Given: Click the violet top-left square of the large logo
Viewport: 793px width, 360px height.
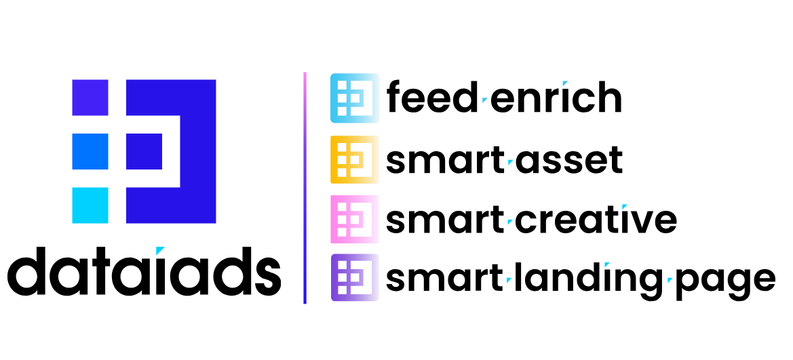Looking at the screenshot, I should (x=90, y=98).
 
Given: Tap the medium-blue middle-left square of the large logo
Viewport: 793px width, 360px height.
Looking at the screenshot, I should (x=90, y=151).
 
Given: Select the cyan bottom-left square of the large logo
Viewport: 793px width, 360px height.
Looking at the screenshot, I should (x=90, y=205).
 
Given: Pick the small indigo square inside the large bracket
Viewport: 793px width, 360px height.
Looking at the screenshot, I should (x=144, y=151).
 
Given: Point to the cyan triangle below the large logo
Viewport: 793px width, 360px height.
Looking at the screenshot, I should (x=159, y=250).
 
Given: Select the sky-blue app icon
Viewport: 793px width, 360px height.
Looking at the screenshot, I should (x=355, y=98).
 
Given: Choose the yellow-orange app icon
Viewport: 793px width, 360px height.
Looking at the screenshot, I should (x=355, y=159).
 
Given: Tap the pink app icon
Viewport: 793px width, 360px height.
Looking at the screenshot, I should (x=355, y=219).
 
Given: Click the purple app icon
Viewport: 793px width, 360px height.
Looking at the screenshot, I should (x=355, y=277).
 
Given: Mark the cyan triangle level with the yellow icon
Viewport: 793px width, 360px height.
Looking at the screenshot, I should (x=510, y=162).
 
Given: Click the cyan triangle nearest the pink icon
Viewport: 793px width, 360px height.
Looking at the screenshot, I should (x=509, y=222).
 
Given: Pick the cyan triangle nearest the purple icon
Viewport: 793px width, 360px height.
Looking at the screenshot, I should (x=509, y=279).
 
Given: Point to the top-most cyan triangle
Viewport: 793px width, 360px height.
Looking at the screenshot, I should (x=564, y=83).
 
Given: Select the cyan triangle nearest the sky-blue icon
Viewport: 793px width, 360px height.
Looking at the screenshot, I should (x=484, y=100).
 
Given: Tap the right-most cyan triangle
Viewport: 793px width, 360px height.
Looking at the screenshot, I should (x=670, y=279).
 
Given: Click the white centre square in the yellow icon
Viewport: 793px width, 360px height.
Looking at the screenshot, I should (x=355, y=160).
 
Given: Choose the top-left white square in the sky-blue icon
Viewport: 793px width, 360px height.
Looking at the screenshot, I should (x=342, y=85).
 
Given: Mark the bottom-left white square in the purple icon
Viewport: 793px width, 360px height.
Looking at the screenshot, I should (x=342, y=290).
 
